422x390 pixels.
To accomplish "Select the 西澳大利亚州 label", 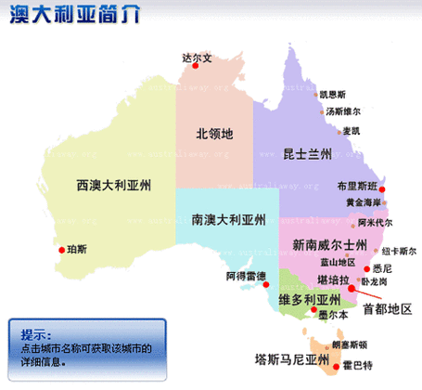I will tap(114, 184).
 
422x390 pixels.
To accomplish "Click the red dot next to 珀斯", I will tap(61, 250).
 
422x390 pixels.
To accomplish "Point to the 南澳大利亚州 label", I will tap(228, 221).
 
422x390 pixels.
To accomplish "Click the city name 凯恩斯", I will tap(332, 94).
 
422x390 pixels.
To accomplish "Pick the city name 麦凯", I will tap(350, 130).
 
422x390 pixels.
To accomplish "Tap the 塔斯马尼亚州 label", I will tap(292, 358).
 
